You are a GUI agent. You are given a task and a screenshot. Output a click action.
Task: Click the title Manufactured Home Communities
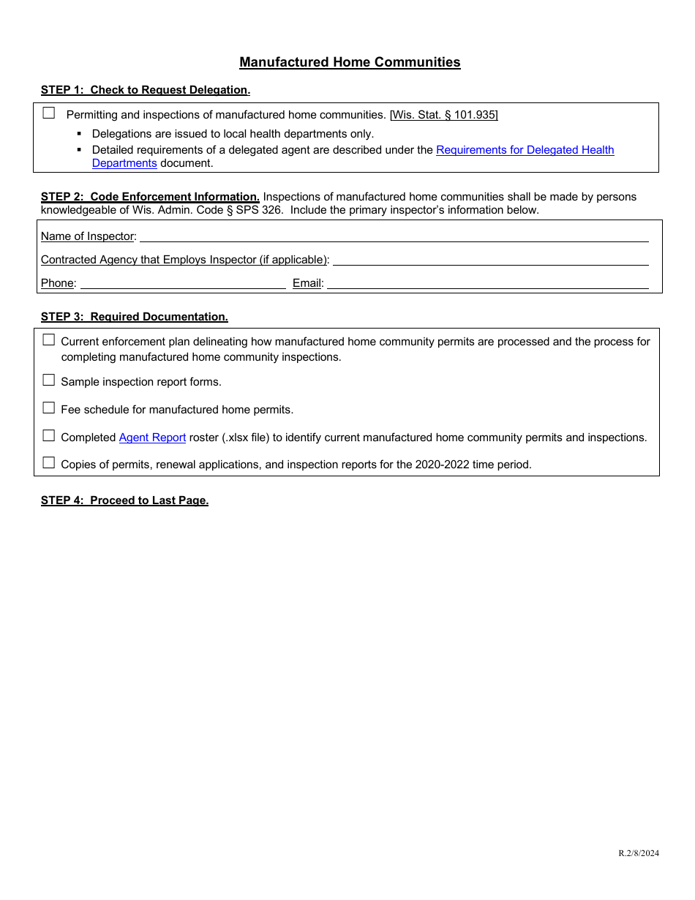pos(350,62)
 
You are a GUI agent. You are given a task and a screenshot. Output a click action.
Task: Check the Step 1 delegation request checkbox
pos(49,113)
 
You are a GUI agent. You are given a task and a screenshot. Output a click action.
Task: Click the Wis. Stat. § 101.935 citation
pos(443,115)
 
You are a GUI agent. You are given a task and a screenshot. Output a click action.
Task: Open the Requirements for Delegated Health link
pos(525,150)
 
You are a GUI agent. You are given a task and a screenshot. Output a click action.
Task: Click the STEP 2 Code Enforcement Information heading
pos(150,197)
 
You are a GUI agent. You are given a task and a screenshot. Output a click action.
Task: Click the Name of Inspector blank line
pos(394,236)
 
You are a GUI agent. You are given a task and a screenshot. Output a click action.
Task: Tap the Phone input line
pos(183,283)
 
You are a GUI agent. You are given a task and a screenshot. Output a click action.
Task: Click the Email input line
pos(487,283)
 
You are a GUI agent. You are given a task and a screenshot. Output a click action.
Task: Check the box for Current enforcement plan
pos(49,340)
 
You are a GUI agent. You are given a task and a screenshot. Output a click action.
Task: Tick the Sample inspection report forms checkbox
pos(49,380)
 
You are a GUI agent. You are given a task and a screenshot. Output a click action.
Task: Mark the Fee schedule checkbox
pos(49,408)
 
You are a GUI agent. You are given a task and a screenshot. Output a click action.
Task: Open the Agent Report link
pos(152,438)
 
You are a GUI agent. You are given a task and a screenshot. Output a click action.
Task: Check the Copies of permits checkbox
pos(49,462)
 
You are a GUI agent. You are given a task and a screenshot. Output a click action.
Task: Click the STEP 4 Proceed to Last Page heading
pos(124,500)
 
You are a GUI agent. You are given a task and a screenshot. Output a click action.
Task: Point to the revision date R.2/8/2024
pos(638,853)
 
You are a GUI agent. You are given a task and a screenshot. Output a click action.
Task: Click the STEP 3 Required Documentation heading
pos(134,317)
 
